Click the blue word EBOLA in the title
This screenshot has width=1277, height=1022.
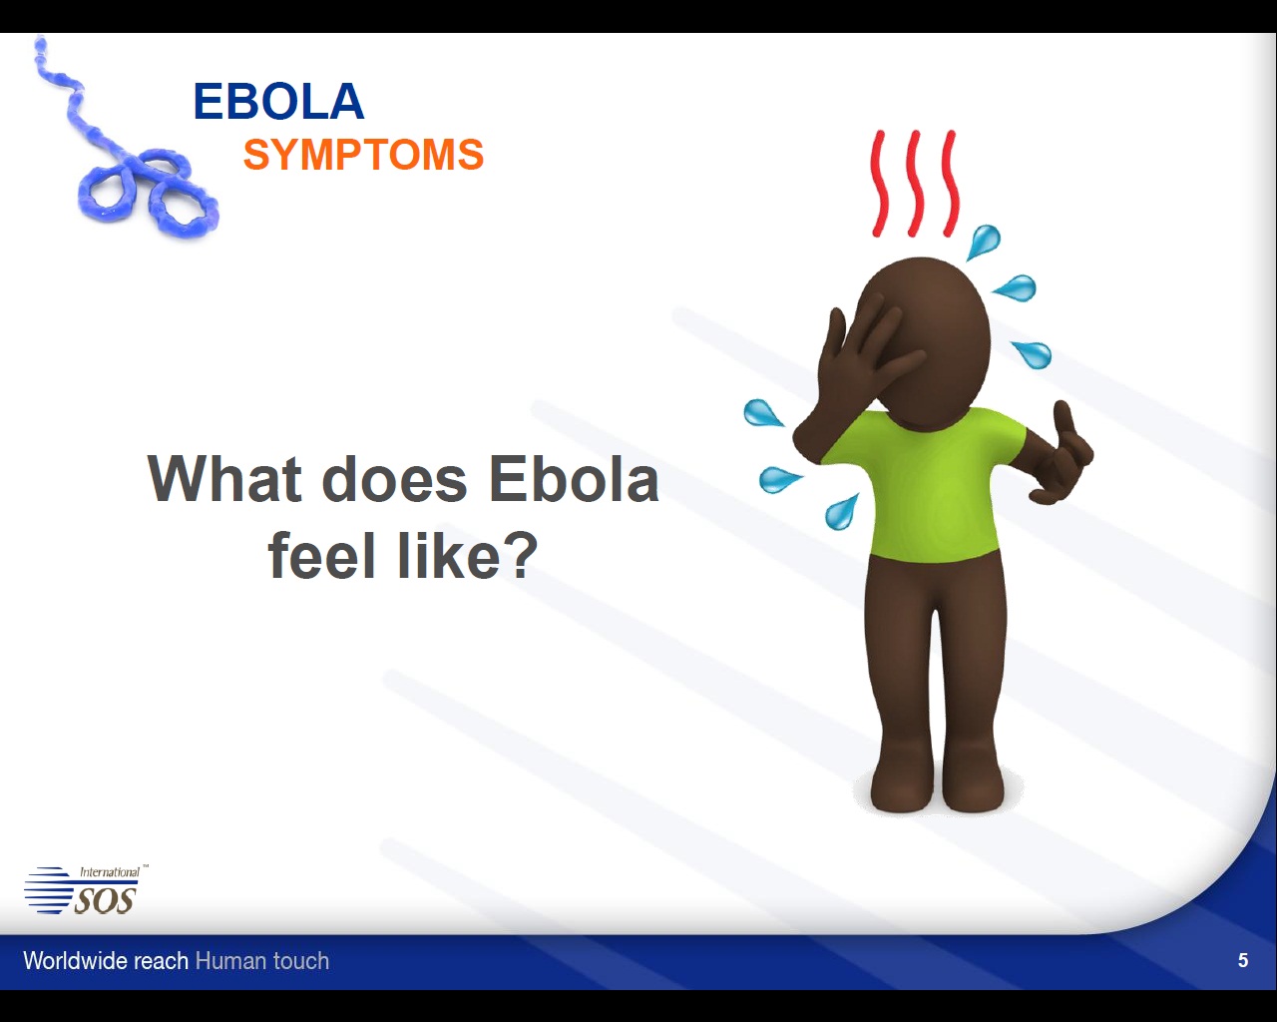[x=278, y=102]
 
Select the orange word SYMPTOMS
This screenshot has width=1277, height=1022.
[x=363, y=155]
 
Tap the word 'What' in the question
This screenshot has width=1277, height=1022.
[x=225, y=478]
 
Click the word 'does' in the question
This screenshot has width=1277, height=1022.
[x=395, y=478]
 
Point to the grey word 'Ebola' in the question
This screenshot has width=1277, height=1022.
[x=574, y=478]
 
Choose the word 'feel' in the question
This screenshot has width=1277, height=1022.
[x=321, y=555]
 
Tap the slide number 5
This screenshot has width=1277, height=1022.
[x=1243, y=960]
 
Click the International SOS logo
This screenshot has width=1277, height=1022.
[x=85, y=889]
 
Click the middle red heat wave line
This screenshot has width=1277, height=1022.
[x=915, y=183]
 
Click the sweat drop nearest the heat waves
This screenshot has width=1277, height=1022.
[x=984, y=242]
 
